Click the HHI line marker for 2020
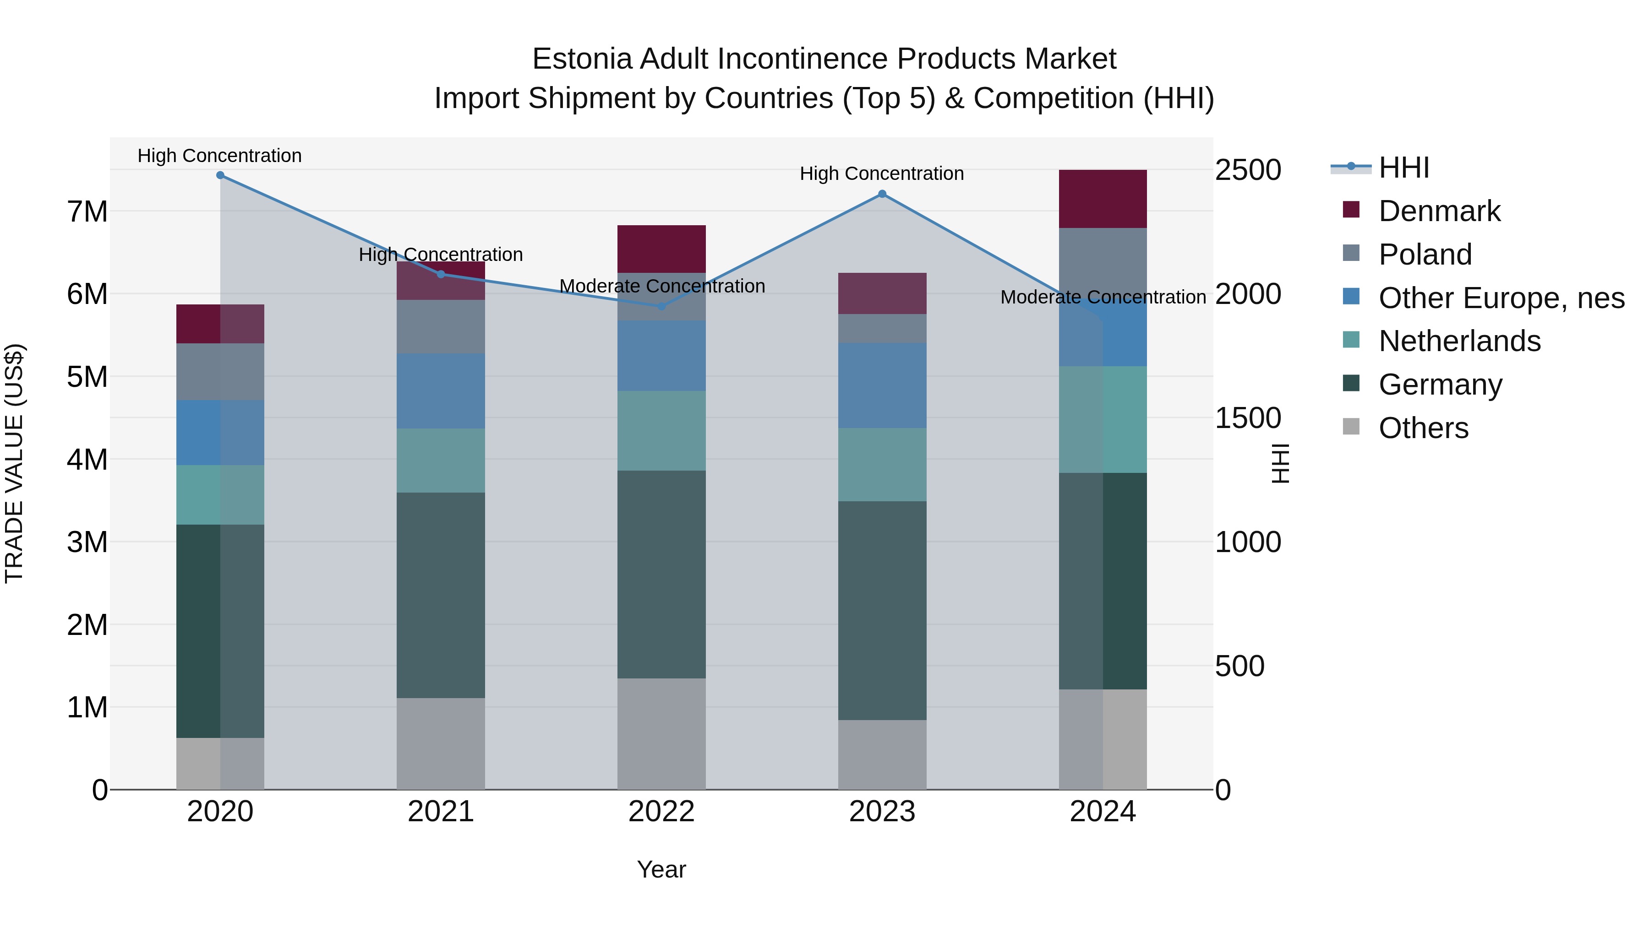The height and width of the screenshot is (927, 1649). (220, 175)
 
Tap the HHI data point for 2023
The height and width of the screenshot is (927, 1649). (882, 194)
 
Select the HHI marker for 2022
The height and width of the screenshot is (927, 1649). (662, 306)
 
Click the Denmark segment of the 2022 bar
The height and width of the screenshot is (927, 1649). (661, 249)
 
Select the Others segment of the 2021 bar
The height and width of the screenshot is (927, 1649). (441, 743)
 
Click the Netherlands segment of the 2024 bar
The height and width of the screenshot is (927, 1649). (1103, 420)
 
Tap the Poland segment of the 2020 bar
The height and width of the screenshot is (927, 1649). (220, 372)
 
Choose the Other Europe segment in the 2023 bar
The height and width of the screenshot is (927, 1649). (882, 385)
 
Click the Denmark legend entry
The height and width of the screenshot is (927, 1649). (1439, 211)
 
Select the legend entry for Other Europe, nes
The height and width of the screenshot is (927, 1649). (1501, 298)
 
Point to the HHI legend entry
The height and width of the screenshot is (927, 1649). (1403, 168)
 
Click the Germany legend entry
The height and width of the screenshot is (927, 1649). (1440, 385)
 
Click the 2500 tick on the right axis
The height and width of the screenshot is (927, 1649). (1248, 170)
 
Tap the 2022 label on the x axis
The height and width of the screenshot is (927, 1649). (661, 812)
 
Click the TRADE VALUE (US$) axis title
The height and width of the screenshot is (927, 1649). (14, 463)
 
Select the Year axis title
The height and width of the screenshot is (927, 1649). (661, 869)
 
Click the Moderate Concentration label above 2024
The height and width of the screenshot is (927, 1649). (1103, 298)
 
